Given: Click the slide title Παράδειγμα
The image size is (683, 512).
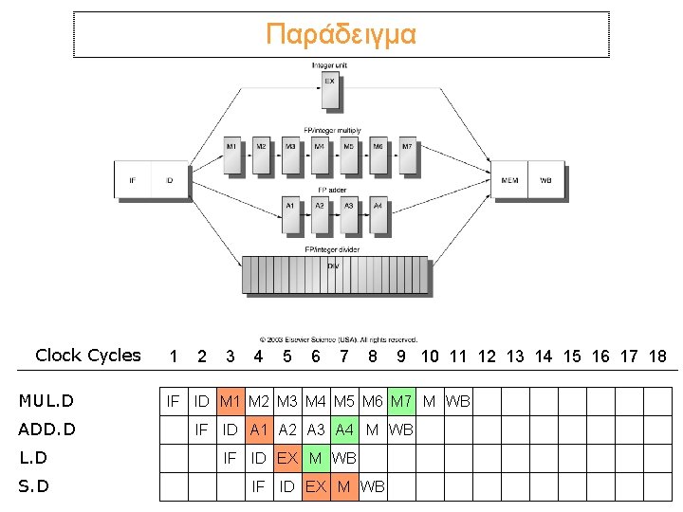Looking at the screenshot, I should [341, 35].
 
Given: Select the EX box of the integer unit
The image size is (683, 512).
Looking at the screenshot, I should [329, 91].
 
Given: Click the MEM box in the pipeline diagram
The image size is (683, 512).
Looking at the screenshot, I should [510, 180].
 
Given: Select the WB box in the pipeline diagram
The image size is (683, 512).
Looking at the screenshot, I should [546, 180].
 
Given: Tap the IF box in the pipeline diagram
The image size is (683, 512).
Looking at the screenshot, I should [132, 180].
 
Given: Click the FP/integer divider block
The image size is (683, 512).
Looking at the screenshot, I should [335, 274].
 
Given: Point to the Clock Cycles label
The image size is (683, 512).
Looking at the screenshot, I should [87, 356].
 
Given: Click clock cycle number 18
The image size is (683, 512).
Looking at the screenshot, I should [656, 357].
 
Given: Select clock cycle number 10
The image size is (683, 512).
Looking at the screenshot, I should [430, 357].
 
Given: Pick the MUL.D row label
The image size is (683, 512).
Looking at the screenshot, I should [46, 401].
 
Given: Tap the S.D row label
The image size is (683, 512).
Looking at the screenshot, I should [34, 486].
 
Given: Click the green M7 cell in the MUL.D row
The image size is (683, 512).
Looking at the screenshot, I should [401, 401].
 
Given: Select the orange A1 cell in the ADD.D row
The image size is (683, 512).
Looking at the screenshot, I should [259, 430].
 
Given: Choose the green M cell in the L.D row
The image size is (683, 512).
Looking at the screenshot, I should [316, 458].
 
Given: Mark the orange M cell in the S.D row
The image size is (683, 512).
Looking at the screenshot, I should [344, 486].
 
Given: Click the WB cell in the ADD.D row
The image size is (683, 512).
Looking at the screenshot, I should [401, 430].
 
